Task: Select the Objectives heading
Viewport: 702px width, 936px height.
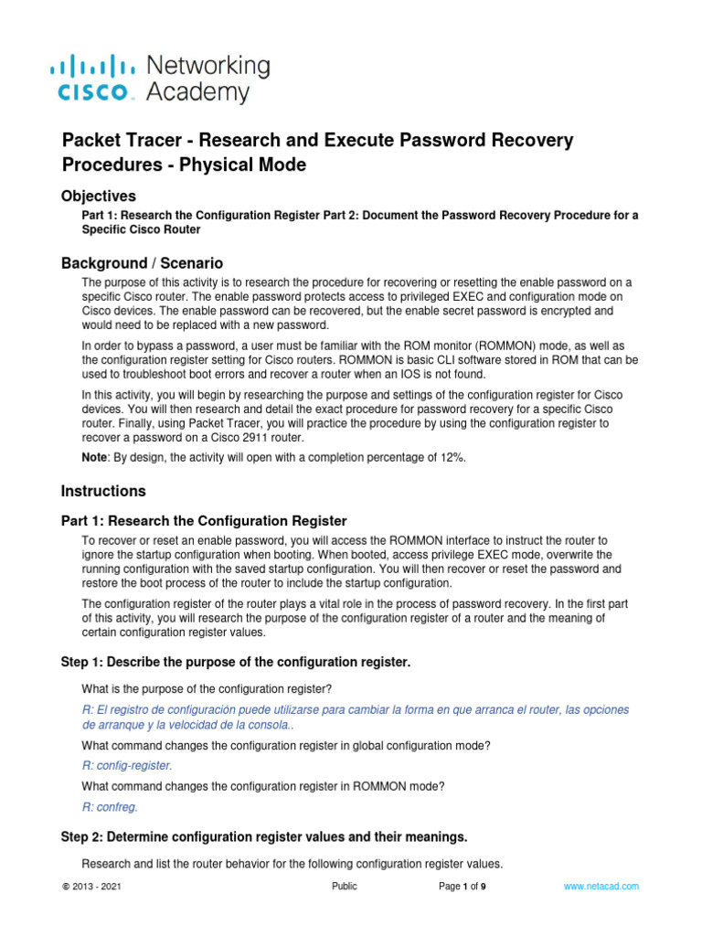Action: tap(99, 196)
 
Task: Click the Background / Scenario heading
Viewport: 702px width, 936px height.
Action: tap(142, 263)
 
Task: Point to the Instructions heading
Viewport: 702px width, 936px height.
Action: tap(103, 491)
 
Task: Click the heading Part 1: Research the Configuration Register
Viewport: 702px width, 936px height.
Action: tap(204, 521)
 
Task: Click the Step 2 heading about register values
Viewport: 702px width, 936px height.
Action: tap(264, 836)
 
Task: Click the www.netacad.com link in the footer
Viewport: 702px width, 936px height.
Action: tap(601, 887)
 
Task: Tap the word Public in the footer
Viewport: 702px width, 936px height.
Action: tap(345, 887)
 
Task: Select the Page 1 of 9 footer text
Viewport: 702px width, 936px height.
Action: tap(463, 887)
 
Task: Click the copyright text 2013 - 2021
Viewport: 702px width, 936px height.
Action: tap(90, 887)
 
